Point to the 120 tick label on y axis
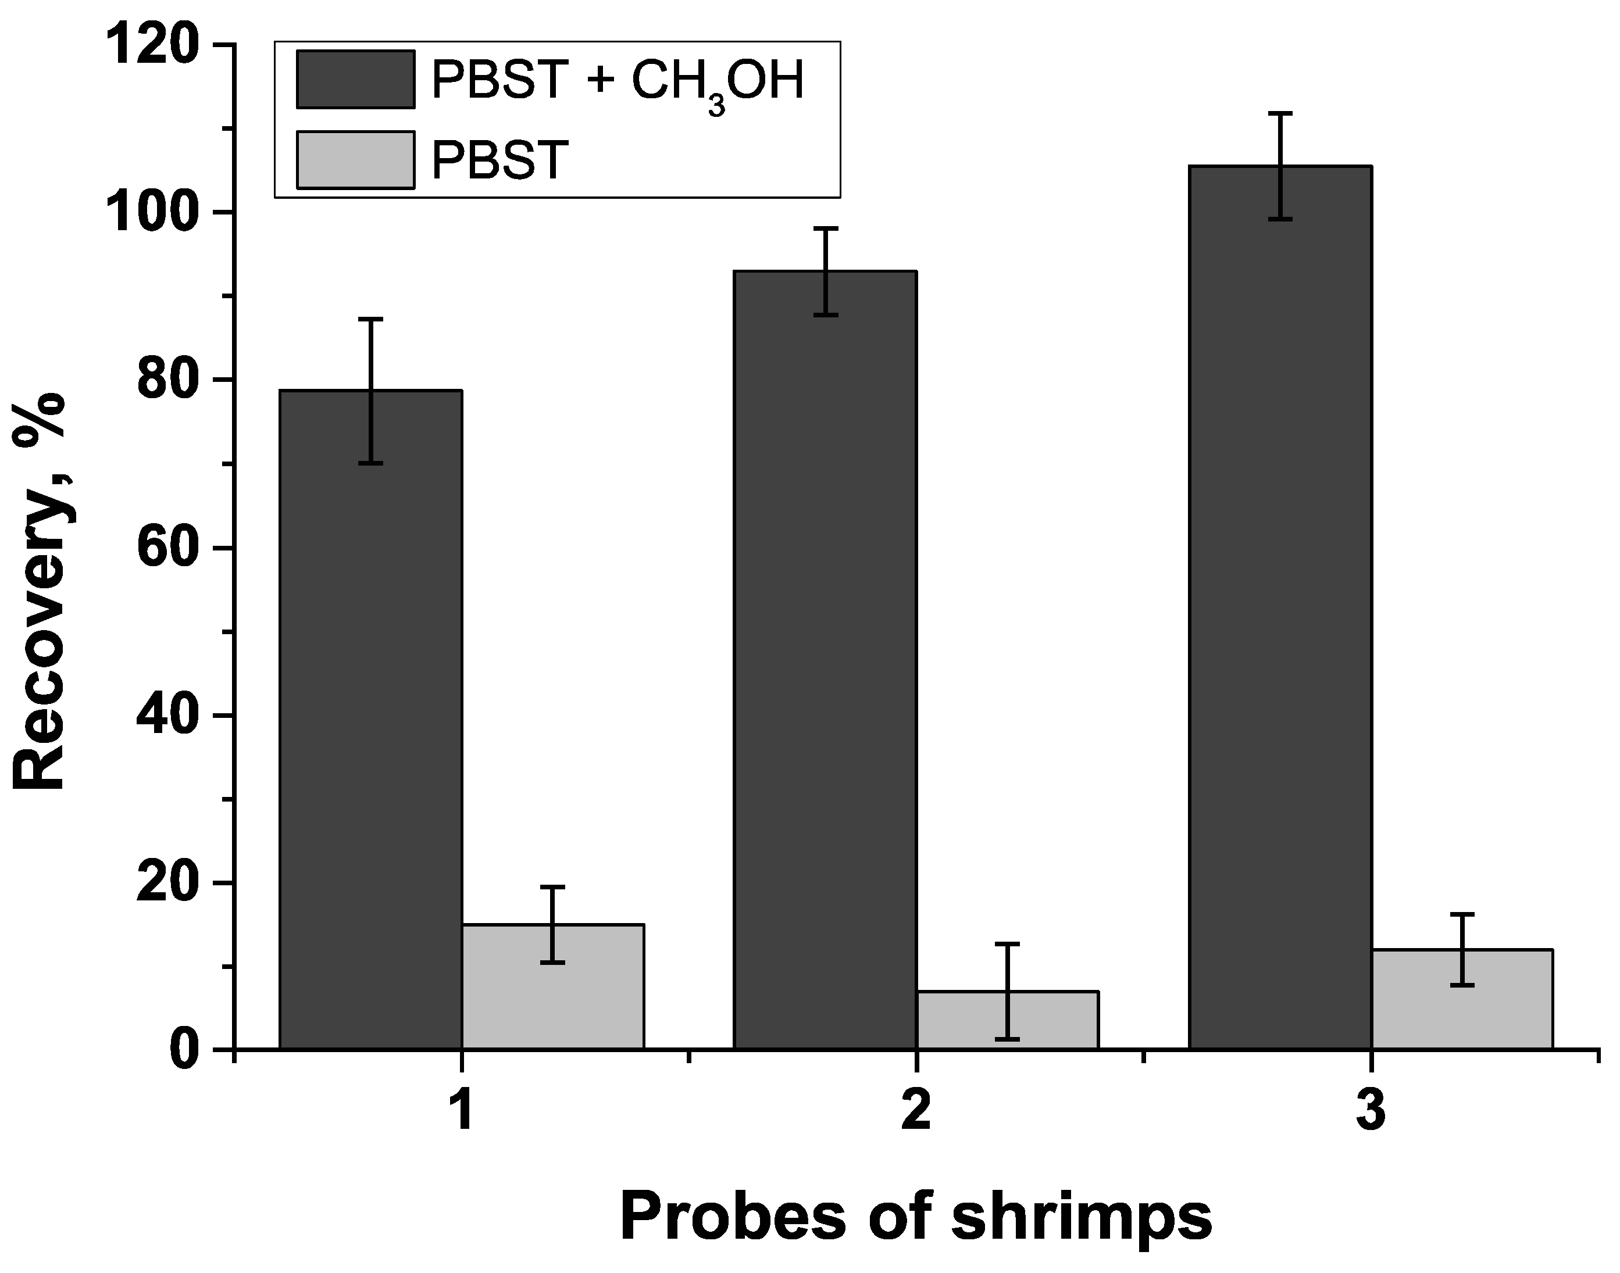[x=153, y=46]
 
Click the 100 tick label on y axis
[x=153, y=213]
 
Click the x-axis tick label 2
[x=916, y=1110]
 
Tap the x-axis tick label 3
[x=1370, y=1110]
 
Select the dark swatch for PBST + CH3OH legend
[x=356, y=80]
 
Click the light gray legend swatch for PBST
[x=356, y=160]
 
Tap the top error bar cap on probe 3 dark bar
[x=1280, y=113]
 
